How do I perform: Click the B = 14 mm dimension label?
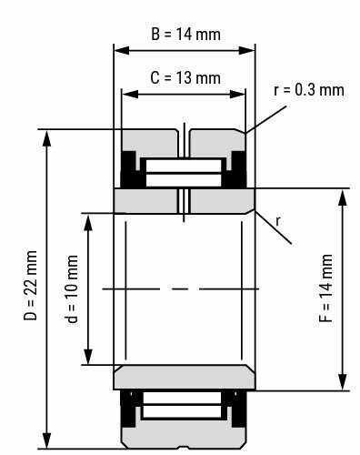(185, 35)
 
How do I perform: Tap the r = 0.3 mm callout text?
(309, 89)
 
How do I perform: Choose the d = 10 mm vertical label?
(73, 289)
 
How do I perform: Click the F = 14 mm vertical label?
(326, 289)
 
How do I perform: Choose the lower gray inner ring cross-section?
(185, 377)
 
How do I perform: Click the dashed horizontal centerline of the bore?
(185, 289)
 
